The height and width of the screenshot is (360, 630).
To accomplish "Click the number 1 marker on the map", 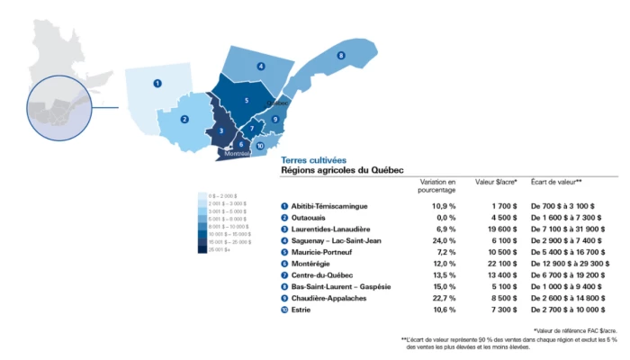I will pyautogui.click(x=157, y=83).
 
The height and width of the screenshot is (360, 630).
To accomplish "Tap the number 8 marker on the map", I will pyautogui.click(x=341, y=56).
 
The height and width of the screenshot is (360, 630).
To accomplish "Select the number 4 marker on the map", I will pyautogui.click(x=260, y=66).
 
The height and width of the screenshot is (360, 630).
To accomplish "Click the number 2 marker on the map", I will pyautogui.click(x=184, y=119).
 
